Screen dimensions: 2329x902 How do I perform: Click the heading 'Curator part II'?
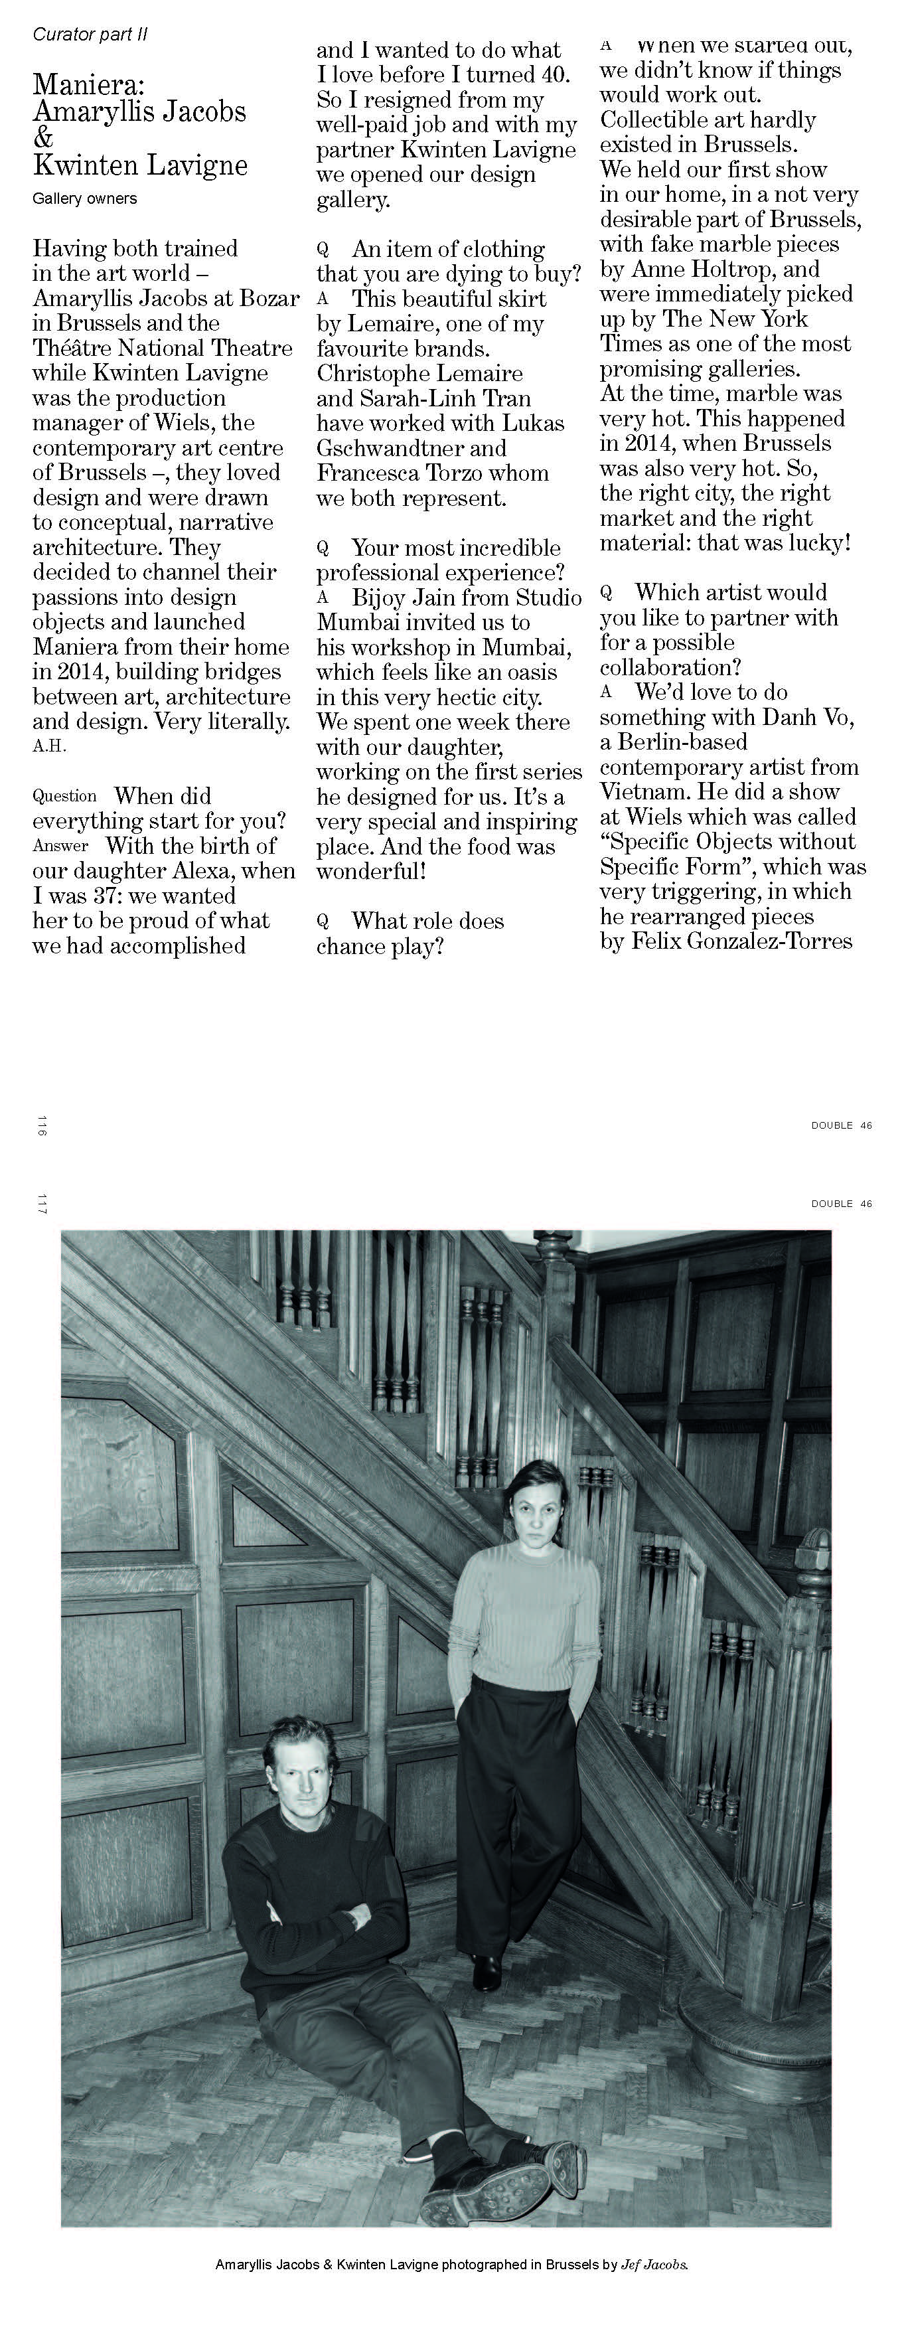click(x=90, y=35)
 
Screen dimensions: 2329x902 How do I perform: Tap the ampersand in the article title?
click(x=43, y=138)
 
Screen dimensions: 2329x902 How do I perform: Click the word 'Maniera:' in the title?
click(x=88, y=85)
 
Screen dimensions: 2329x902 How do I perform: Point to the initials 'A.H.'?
click(x=49, y=746)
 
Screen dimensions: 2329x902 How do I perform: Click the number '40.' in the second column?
click(x=554, y=75)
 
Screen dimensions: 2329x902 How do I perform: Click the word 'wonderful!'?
click(x=370, y=872)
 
